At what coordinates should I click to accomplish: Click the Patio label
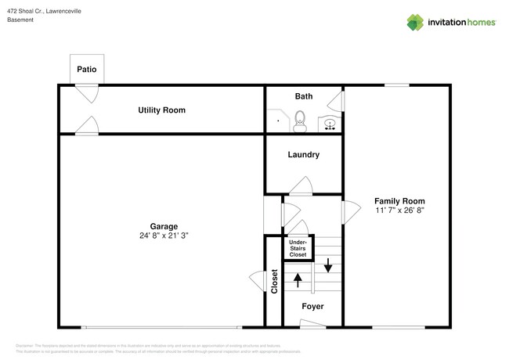(87, 70)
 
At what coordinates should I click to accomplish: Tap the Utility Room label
(161, 110)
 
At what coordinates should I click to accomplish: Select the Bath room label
(304, 96)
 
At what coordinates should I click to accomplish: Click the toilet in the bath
(298, 121)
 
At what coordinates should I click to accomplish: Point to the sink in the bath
(329, 124)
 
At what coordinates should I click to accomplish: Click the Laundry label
(303, 155)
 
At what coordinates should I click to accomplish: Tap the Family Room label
(399, 201)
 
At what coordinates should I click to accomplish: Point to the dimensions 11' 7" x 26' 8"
(399, 211)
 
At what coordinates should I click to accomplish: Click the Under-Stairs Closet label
(298, 248)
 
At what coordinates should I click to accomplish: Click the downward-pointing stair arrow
(328, 266)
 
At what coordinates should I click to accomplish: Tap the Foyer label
(312, 306)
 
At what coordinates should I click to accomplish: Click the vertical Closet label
(274, 282)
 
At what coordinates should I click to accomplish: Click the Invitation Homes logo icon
(416, 22)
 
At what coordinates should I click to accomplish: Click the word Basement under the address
(20, 20)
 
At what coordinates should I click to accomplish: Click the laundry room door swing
(301, 185)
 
